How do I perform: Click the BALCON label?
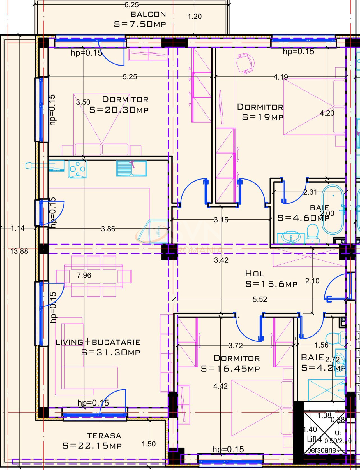pyautogui.click(x=148, y=14)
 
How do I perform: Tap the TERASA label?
pyautogui.click(x=104, y=436)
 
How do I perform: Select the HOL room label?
pyautogui.click(x=254, y=273)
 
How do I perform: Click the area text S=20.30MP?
pyautogui.click(x=119, y=110)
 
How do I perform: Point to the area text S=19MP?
pyautogui.click(x=263, y=117)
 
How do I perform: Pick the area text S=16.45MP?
pyautogui.click(x=230, y=369)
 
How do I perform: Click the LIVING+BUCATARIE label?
pyautogui.click(x=98, y=342)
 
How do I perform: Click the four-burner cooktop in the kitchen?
pyautogui.click(x=78, y=169)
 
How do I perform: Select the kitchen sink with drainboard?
pyautogui.click(x=131, y=168)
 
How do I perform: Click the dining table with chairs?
pyautogui.click(x=94, y=276)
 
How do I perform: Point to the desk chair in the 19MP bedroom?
pyautogui.click(x=244, y=64)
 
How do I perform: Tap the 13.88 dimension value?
pyautogui.click(x=19, y=251)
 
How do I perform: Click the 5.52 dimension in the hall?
pyautogui.click(x=260, y=299)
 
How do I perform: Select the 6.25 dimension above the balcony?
pyautogui.click(x=131, y=5)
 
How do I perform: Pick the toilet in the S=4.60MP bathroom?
pyautogui.click(x=312, y=234)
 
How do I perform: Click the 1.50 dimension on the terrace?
pyautogui.click(x=149, y=444)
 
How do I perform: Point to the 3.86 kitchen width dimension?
pyautogui.click(x=108, y=229)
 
